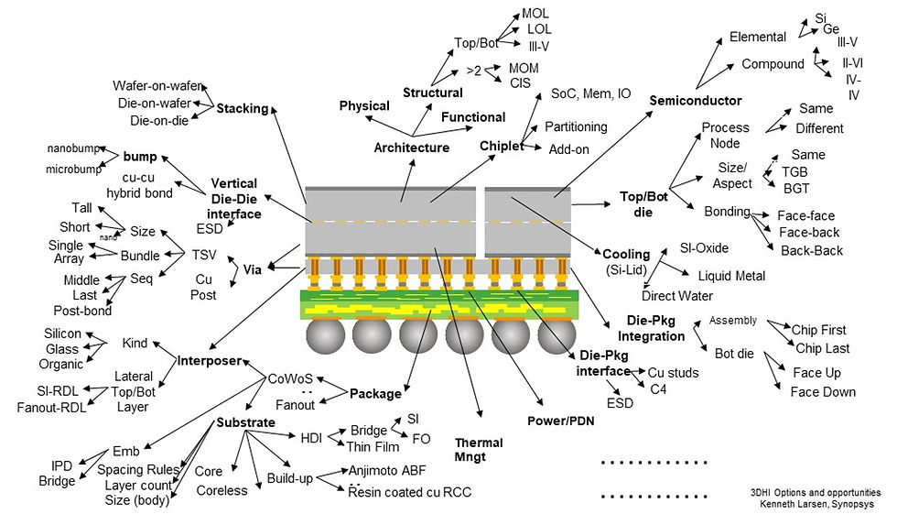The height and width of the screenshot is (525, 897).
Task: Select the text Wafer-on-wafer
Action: (157, 85)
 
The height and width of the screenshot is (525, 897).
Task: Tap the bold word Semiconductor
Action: (696, 100)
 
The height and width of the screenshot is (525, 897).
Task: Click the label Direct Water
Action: (677, 296)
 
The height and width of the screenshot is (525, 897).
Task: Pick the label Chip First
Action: (820, 330)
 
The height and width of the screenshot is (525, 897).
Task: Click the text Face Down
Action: (823, 392)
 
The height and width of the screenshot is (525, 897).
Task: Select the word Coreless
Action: (222, 490)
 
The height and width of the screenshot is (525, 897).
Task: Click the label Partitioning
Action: (576, 126)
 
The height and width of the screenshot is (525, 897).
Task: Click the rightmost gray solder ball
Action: (557, 338)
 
